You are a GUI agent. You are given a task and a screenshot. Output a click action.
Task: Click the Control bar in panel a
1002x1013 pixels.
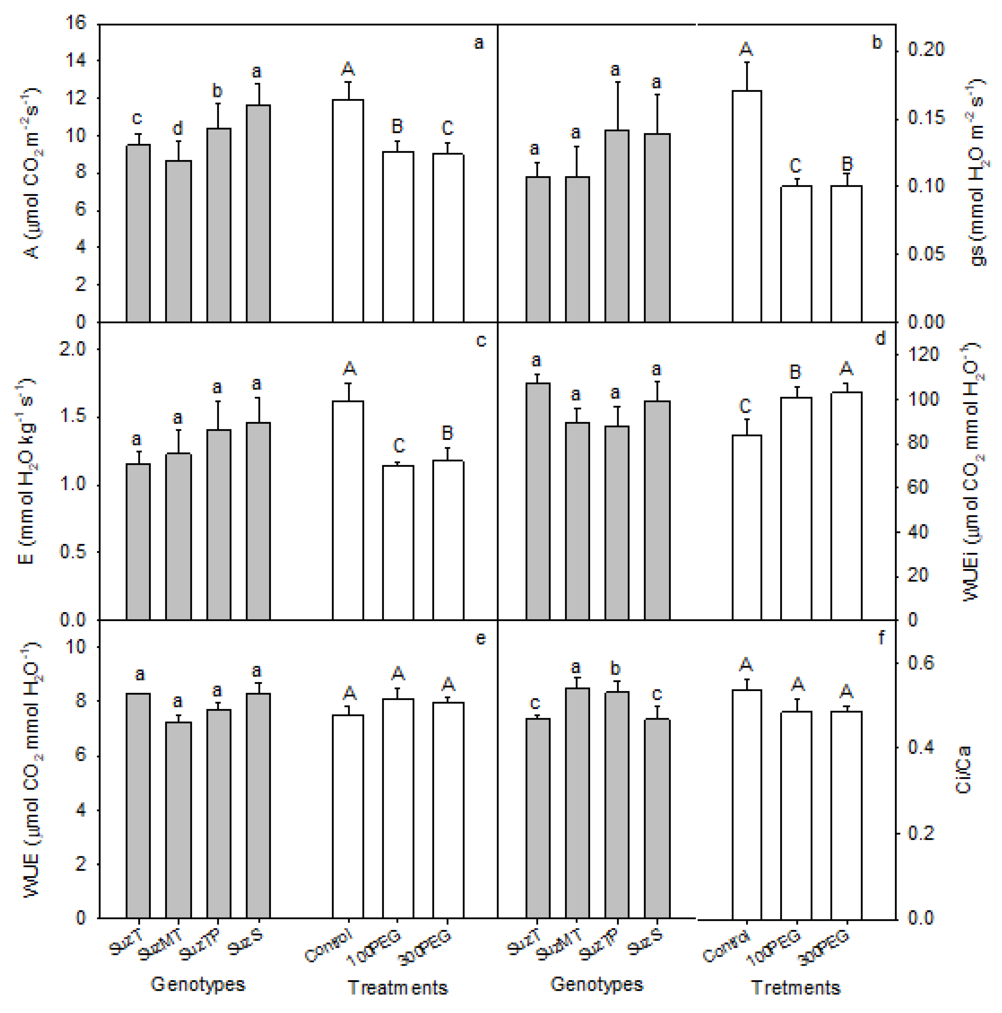[347, 210]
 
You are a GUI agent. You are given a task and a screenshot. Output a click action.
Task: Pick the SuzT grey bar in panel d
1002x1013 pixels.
[538, 501]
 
